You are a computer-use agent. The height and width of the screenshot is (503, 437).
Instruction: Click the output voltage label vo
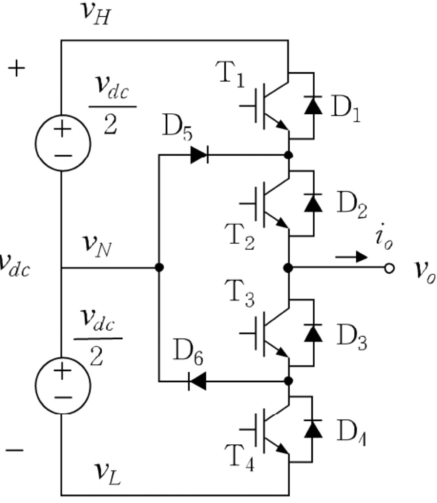(x=421, y=269)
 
